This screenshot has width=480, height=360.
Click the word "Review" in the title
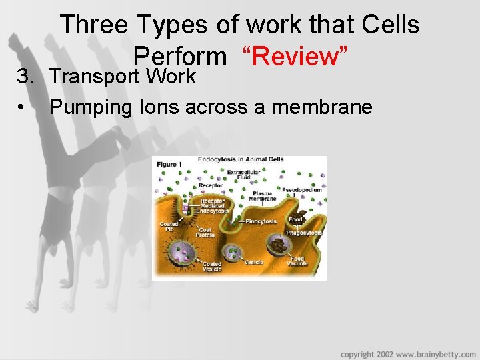click(x=297, y=57)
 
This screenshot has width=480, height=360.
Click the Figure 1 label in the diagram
click(x=167, y=164)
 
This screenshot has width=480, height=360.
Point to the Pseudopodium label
click(x=302, y=190)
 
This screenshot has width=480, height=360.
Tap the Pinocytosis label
click(x=262, y=221)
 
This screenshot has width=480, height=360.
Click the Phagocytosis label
click(x=304, y=233)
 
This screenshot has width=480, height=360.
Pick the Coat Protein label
click(x=205, y=232)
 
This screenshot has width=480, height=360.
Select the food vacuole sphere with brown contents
click(x=279, y=245)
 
